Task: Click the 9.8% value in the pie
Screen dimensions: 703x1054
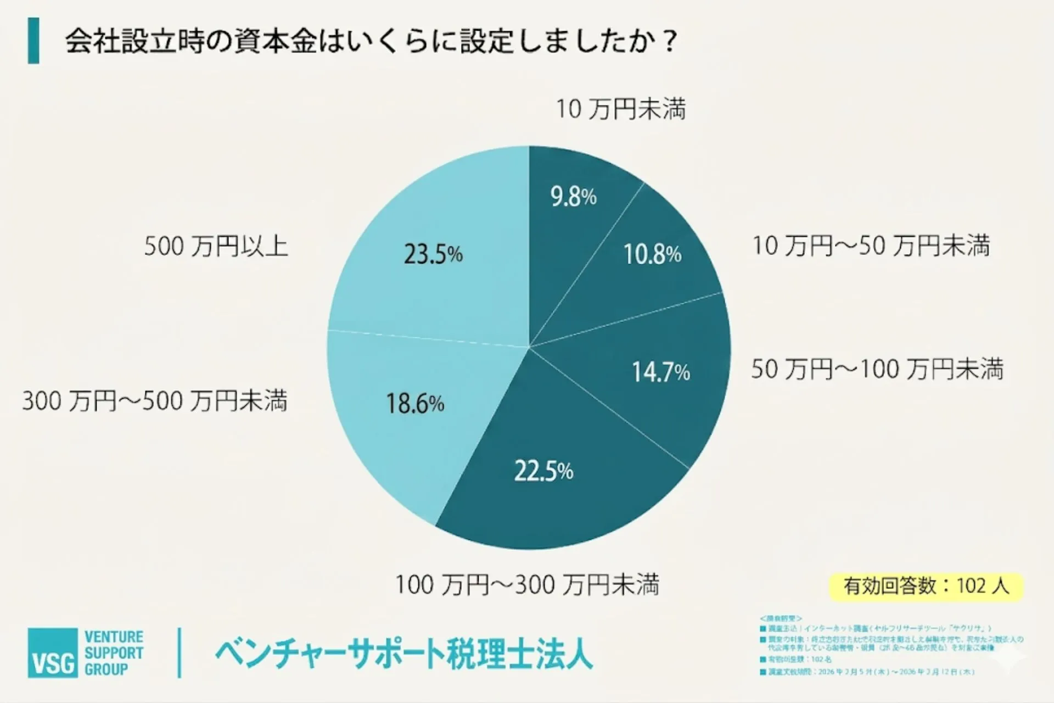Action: (x=573, y=197)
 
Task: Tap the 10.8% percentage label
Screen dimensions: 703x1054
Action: (x=652, y=254)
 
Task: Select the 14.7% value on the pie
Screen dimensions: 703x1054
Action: (x=660, y=372)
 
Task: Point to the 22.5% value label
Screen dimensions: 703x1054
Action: (x=543, y=471)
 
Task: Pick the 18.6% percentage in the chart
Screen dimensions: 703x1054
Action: (x=414, y=404)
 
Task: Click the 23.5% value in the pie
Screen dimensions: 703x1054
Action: (x=433, y=254)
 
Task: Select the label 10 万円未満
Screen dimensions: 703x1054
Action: (x=621, y=109)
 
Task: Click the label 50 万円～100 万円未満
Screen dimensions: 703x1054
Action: (x=877, y=369)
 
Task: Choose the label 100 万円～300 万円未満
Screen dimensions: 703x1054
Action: (x=527, y=584)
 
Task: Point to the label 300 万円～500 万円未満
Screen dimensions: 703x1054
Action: (x=155, y=401)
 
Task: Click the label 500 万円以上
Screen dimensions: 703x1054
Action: (x=216, y=246)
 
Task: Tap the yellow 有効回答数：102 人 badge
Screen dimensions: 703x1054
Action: (x=926, y=586)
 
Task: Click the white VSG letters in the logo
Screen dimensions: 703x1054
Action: (x=53, y=663)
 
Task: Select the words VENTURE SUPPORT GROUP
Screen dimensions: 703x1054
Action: (x=114, y=653)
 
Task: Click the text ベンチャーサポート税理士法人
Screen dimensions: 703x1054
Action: (x=403, y=654)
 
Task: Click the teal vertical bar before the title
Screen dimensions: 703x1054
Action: (x=33, y=41)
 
